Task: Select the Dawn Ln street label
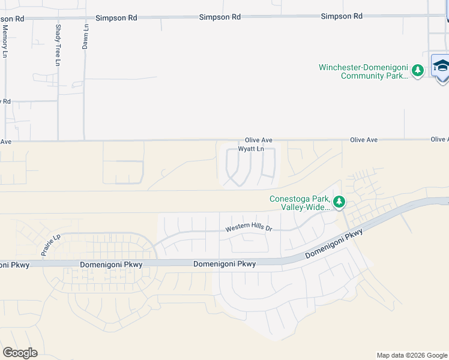(86, 37)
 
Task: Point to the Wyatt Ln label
(251, 149)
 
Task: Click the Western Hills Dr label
(249, 229)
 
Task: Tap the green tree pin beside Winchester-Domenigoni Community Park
(418, 71)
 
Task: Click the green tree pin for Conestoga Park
(339, 202)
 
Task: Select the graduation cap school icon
(441, 65)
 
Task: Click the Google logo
(20, 352)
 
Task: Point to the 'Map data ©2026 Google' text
(412, 355)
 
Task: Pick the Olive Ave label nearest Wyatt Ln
(259, 140)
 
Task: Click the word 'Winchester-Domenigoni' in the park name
(361, 67)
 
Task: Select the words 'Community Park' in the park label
(374, 76)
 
